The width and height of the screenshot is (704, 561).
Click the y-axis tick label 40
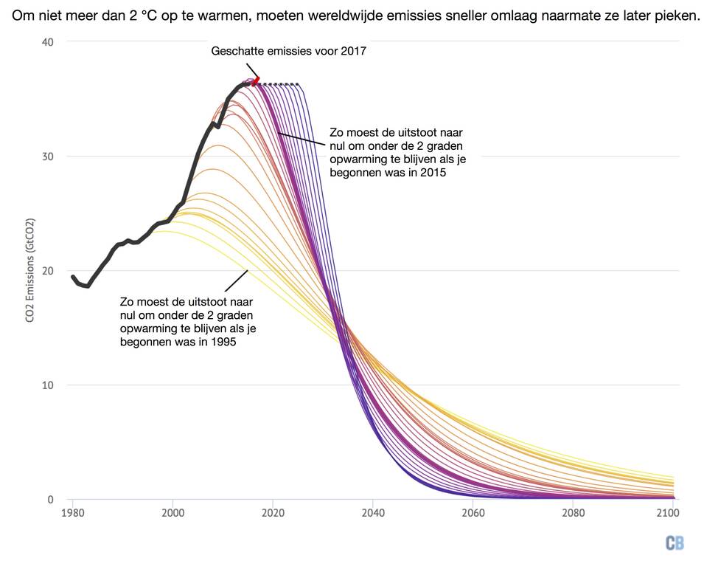click(48, 42)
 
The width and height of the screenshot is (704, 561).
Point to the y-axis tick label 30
click(48, 156)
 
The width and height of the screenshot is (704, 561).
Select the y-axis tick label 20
click(48, 271)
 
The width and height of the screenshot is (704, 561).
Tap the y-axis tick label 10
click(48, 385)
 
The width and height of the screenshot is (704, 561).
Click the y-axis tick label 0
click(51, 500)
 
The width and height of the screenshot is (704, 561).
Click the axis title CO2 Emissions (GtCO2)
click(30, 271)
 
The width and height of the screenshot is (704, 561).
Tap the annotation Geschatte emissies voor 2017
click(288, 52)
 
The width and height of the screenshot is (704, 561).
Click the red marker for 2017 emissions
click(255, 81)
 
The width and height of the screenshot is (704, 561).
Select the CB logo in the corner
click(674, 543)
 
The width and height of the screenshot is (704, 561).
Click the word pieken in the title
click(677, 15)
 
